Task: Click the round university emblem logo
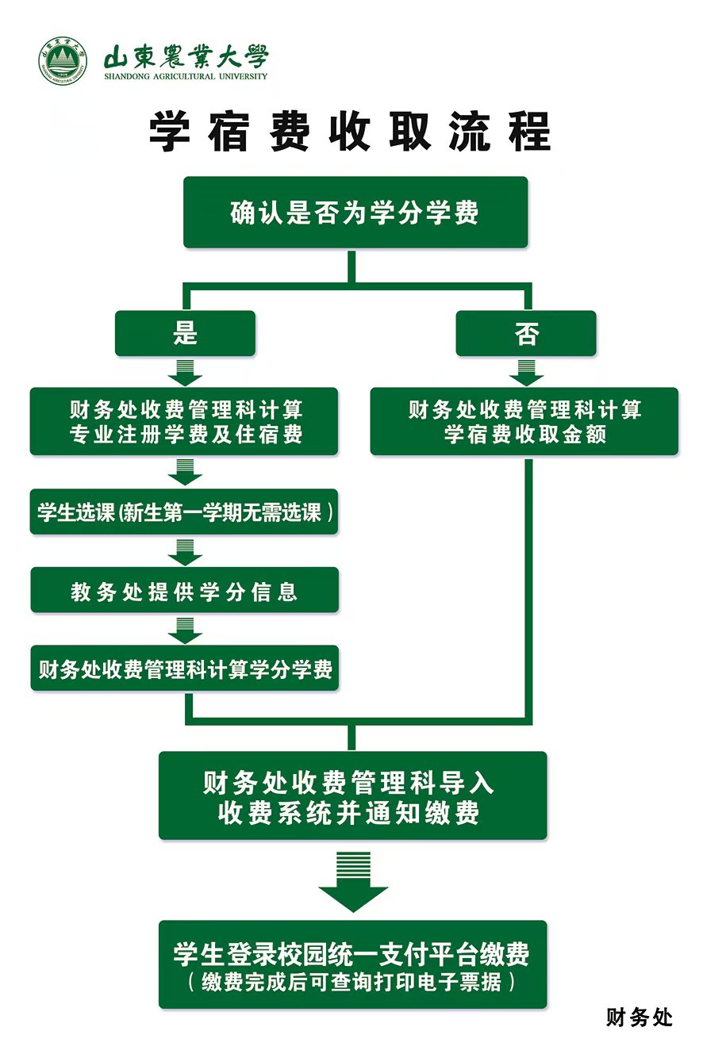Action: point(63,60)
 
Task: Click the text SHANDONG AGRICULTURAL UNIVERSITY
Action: point(186,77)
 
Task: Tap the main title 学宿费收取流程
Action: point(350,131)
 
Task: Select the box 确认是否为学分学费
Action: point(355,213)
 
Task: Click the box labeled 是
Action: point(185,333)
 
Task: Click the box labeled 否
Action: point(525,333)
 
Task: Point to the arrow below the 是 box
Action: point(185,372)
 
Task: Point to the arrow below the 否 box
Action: point(525,372)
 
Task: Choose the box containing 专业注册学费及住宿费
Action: point(184,421)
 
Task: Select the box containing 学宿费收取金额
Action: point(524,421)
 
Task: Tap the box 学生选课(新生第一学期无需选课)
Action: point(184,512)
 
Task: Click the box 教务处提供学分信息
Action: point(184,591)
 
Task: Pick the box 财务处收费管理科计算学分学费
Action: point(184,669)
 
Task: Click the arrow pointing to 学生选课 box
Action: point(185,473)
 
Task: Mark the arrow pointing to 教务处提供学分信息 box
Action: point(185,551)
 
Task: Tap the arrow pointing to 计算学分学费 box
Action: point(185,630)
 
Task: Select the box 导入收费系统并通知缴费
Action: point(352,796)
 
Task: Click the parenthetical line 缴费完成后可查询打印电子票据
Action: point(352,982)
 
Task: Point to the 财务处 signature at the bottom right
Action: point(639,1018)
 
